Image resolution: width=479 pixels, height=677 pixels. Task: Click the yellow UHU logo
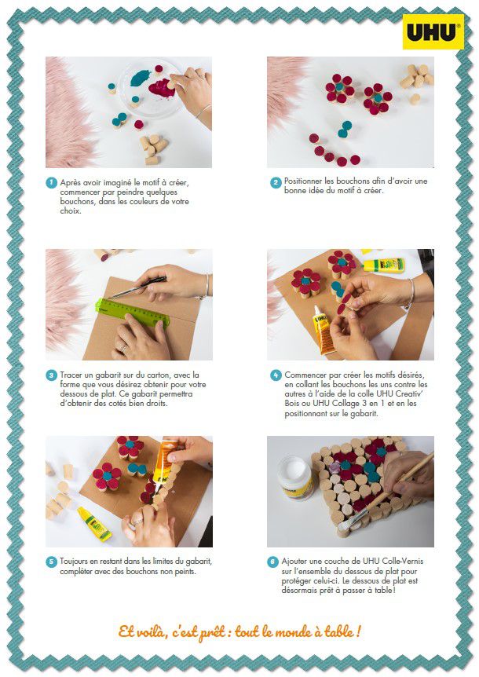[433, 31]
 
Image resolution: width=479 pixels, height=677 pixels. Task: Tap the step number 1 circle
[52, 183]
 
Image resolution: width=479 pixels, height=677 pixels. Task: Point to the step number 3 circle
[52, 375]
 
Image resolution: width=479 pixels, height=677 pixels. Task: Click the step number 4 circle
[276, 375]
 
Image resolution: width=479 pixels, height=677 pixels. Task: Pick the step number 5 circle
[52, 562]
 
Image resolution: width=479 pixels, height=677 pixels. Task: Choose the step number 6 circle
[272, 562]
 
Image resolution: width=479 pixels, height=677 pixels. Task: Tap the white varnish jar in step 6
[295, 478]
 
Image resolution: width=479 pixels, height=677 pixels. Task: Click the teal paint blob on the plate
[140, 79]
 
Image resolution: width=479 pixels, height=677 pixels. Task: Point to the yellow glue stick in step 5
[94, 523]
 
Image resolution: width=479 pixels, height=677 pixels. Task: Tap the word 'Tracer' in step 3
[71, 375]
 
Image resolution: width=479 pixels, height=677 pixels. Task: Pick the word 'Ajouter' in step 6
[294, 562]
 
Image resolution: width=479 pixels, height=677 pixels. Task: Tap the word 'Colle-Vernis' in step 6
[403, 562]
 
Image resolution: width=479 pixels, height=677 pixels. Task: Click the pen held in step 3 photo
[137, 287]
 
